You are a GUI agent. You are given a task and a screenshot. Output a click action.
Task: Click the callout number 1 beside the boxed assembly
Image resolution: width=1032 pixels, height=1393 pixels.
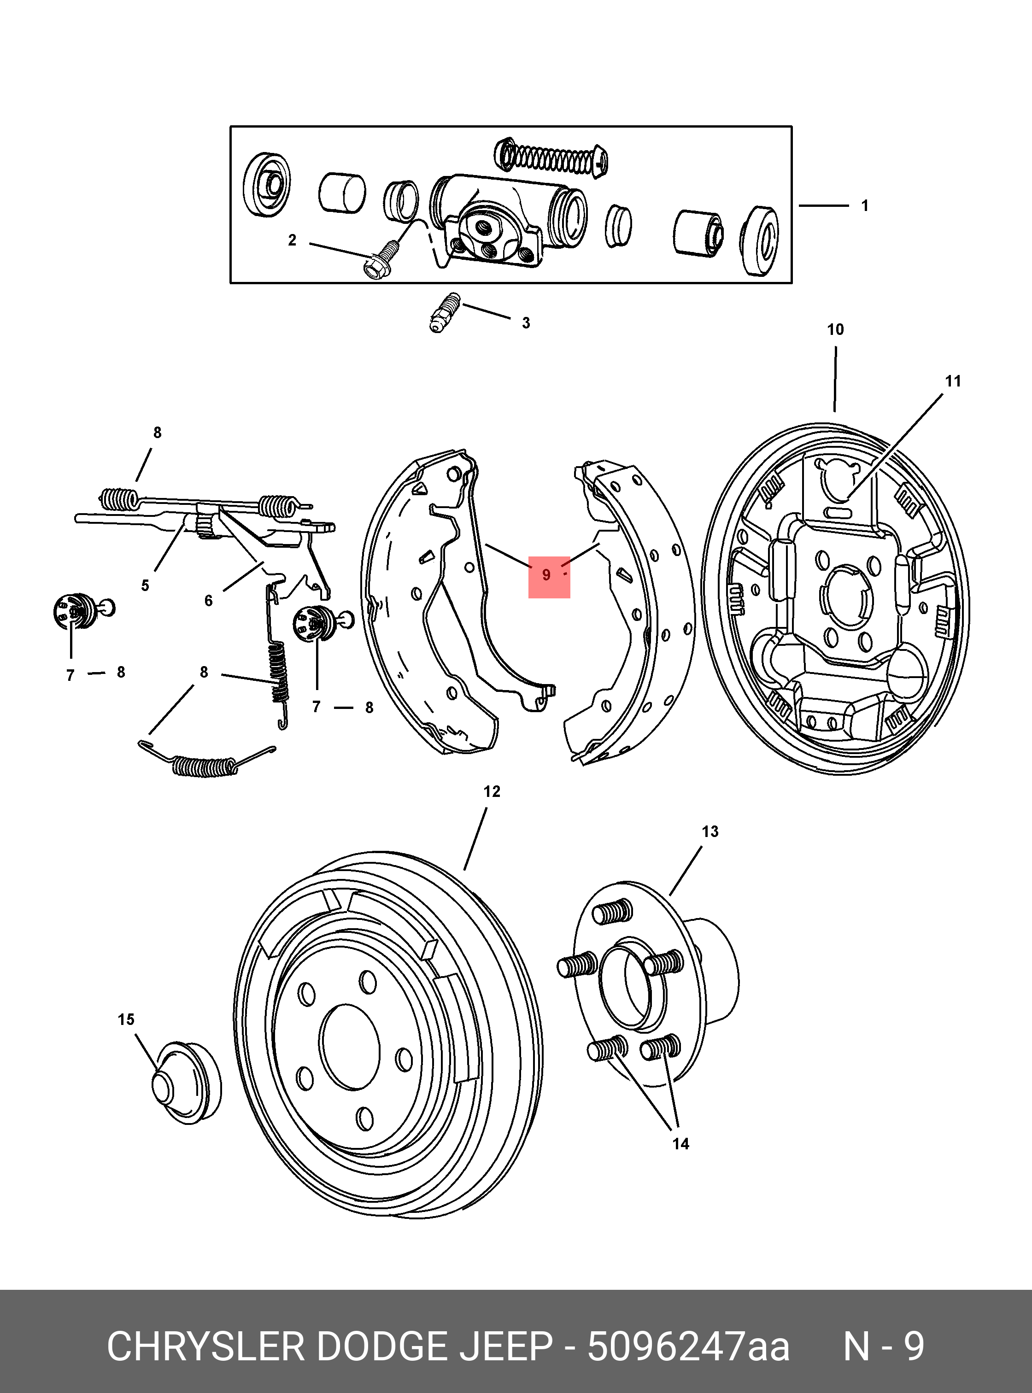point(865,205)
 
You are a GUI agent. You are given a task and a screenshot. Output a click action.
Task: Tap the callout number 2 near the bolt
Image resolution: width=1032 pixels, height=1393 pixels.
point(292,240)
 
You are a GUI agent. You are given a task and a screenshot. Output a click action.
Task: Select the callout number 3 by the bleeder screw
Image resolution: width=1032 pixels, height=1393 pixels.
point(526,323)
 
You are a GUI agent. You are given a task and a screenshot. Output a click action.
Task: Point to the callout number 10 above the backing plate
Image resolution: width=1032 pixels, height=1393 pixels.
point(835,330)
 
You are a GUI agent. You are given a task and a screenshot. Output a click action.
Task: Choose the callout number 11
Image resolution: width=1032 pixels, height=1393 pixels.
point(953,381)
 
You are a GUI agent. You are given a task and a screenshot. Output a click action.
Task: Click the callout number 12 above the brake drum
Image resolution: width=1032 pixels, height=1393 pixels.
point(492,791)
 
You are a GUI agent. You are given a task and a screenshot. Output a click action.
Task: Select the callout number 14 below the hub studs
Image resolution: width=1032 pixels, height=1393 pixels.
point(680,1144)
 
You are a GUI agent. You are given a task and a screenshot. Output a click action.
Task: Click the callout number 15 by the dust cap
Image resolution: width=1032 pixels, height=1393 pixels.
point(126,1019)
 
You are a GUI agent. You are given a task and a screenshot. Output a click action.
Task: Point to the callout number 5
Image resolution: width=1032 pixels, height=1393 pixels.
point(145,585)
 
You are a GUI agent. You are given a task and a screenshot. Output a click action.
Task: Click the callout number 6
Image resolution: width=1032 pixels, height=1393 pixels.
point(209,600)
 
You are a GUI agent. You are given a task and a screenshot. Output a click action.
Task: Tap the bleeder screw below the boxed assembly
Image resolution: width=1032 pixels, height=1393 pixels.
point(444,312)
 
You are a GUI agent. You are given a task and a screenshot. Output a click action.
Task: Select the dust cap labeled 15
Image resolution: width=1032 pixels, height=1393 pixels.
point(186,1084)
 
